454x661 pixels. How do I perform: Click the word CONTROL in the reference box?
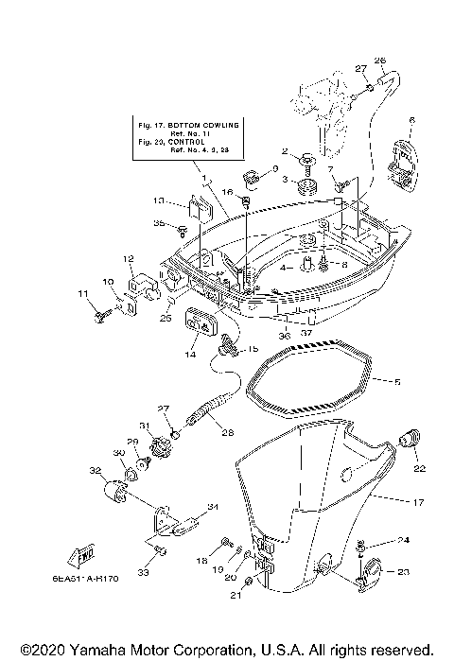click(x=189, y=140)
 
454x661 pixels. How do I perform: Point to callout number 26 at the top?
click(x=380, y=61)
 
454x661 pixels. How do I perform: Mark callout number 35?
click(x=159, y=223)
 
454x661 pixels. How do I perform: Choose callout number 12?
click(x=126, y=258)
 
